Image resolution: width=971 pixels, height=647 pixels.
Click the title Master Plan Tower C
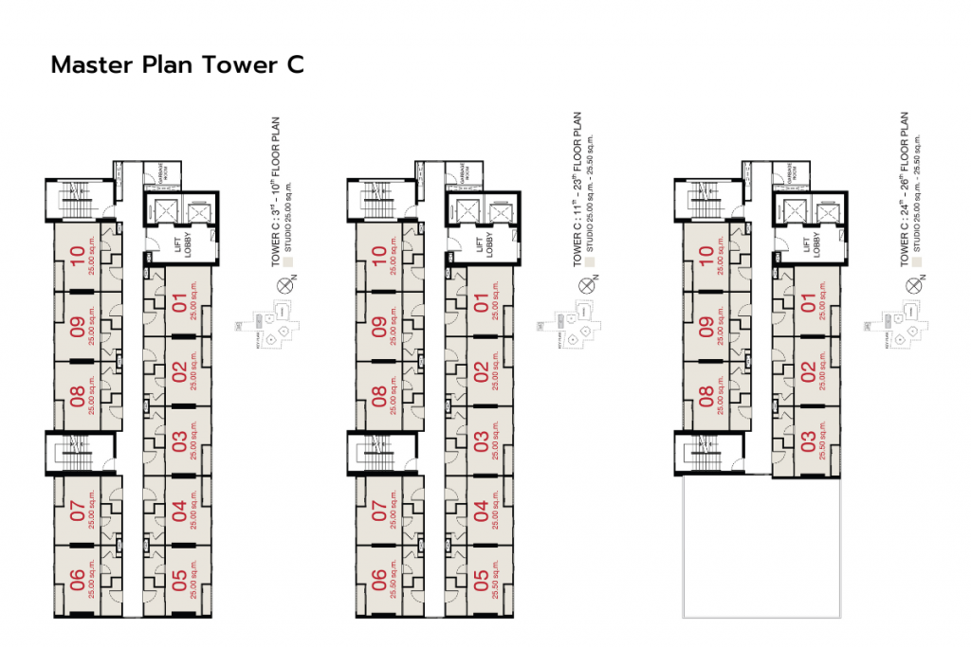tap(177, 65)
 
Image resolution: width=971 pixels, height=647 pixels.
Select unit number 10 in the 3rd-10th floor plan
tap(76, 257)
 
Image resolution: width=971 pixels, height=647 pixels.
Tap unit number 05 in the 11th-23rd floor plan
tap(482, 581)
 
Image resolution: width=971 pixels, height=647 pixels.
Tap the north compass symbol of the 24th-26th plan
tap(914, 282)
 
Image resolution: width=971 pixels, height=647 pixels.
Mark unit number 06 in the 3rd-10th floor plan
tap(76, 581)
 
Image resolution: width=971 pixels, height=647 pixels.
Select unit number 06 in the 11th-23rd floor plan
tap(379, 581)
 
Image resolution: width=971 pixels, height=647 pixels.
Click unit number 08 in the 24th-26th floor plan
tap(706, 396)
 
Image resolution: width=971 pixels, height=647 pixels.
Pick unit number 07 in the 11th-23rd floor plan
tap(379, 512)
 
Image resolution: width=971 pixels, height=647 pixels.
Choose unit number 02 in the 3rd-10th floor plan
tap(178, 372)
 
